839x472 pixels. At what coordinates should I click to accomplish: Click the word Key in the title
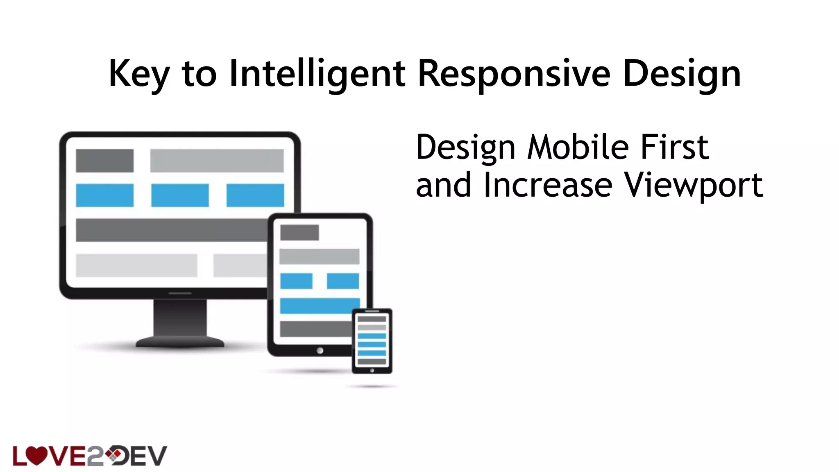point(139,74)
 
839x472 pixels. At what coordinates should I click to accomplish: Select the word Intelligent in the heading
point(317,74)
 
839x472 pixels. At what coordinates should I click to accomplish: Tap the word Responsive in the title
point(514,74)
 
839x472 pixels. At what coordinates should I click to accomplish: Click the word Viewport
point(693,185)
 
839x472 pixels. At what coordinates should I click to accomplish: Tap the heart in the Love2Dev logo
point(36,455)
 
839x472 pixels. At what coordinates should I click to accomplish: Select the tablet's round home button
point(320,350)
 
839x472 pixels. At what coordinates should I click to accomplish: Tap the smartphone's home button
point(372,370)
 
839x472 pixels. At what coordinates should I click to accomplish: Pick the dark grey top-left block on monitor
point(104,161)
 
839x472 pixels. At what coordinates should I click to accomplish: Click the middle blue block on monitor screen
point(180,195)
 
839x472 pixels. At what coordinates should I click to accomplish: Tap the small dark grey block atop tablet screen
point(299,233)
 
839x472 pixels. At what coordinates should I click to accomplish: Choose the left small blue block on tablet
point(296,281)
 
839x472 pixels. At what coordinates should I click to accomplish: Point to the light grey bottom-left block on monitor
point(136,265)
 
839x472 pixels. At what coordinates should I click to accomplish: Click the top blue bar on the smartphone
point(372,336)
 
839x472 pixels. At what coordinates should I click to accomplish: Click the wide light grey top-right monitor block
point(217,161)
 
